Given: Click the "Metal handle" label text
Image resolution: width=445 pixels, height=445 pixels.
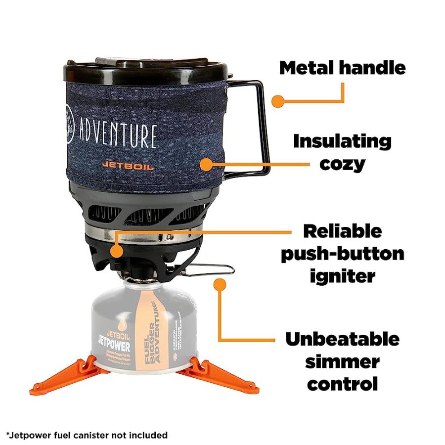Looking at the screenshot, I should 342,68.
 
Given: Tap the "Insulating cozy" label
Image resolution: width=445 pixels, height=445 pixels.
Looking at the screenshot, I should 342,152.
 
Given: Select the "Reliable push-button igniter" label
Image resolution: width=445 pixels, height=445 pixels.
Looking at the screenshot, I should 342,253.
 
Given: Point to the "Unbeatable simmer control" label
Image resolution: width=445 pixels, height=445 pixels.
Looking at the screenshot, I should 342,361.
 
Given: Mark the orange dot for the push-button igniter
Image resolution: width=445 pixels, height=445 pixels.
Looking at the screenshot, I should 117,251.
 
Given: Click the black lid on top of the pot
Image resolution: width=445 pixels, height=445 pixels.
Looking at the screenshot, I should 148,69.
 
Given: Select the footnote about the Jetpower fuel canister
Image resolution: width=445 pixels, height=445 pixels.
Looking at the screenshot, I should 87,435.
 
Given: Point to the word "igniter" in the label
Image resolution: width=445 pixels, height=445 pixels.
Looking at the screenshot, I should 342,276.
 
